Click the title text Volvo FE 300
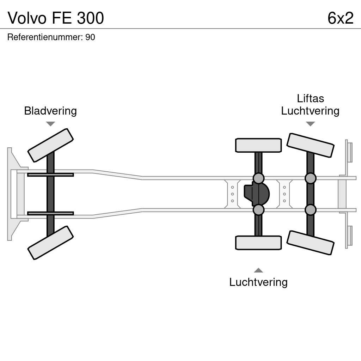click(56, 18)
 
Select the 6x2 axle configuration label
click(340, 18)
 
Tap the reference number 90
click(90, 37)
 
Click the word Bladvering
click(50, 111)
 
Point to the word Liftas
click(310, 98)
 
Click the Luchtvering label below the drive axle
click(258, 282)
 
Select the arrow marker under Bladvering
click(50, 124)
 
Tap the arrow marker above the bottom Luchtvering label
click(258, 270)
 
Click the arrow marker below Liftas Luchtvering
click(310, 124)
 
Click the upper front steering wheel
click(50, 145)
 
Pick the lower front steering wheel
click(50, 243)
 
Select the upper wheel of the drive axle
click(258, 145)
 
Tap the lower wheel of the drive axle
click(258, 243)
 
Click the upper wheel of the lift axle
click(310, 145)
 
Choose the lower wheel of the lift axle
click(310, 243)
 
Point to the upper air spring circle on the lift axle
click(310, 178)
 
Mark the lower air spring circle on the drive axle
click(258, 210)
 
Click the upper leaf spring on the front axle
click(50, 175)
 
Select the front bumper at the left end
click(12, 194)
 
